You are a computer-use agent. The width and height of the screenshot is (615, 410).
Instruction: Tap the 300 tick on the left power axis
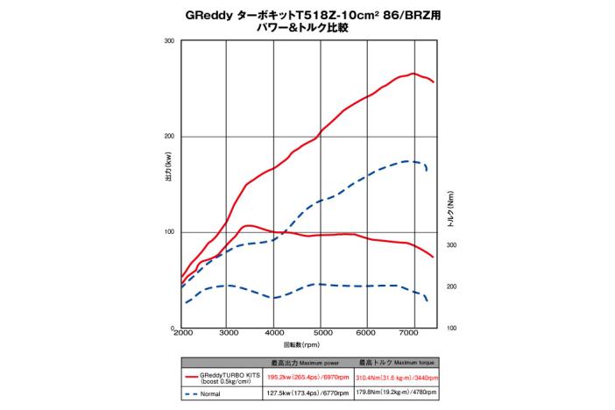[169, 41]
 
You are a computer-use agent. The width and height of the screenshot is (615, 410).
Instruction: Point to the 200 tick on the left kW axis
[169, 137]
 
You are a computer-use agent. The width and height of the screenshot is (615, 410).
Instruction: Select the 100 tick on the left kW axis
[169, 232]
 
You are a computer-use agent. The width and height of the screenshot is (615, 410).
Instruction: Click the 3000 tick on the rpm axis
[228, 334]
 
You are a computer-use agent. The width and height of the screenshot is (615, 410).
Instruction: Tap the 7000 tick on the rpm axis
[412, 334]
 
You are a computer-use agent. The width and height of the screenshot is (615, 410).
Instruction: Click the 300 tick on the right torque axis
[453, 245]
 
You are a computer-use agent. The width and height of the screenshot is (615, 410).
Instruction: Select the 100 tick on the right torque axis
[453, 328]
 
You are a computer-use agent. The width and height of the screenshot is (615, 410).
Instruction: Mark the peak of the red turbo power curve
[414, 74]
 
